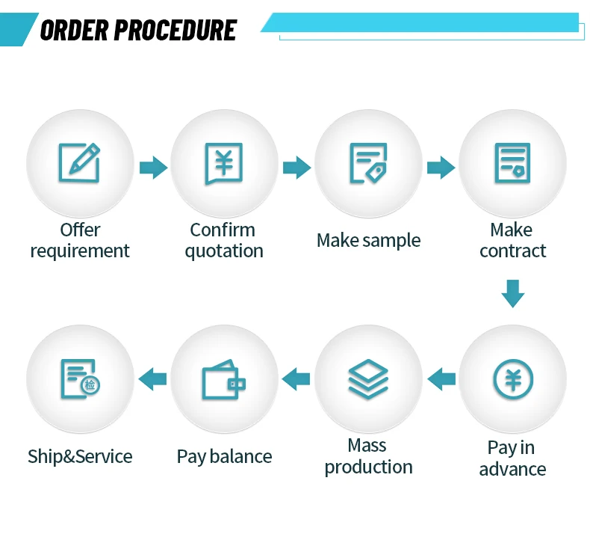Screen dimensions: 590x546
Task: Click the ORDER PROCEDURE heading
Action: [138, 30]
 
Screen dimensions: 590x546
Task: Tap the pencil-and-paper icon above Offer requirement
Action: [79, 163]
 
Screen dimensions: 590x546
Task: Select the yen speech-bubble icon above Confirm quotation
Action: [223, 163]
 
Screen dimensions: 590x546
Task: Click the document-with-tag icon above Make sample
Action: [368, 163]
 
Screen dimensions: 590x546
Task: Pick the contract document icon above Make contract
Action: [512, 163]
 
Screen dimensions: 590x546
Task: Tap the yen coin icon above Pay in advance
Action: [513, 379]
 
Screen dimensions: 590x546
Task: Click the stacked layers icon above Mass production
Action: [368, 379]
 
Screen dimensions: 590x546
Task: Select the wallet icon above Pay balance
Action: [223, 381]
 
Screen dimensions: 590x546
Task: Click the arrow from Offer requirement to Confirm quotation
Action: [153, 168]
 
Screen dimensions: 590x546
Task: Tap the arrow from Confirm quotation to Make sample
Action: [296, 168]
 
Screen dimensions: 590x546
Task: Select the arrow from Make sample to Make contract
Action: [441, 168]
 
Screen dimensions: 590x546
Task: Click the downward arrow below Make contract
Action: [513, 293]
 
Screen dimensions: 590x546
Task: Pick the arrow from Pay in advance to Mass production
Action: [441, 379]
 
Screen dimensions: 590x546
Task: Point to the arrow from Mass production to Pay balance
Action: [296, 379]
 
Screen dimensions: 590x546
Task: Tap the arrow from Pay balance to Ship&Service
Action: [153, 379]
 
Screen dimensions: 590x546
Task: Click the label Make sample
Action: [368, 240]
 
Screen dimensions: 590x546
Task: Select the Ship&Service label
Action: [80, 456]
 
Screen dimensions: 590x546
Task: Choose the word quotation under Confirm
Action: [224, 251]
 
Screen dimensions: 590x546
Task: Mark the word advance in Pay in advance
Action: [512, 470]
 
